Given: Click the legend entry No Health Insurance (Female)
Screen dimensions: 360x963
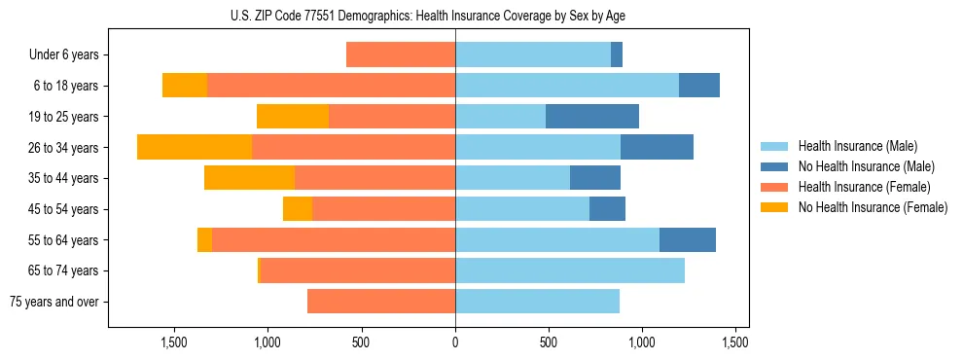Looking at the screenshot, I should pos(873,207).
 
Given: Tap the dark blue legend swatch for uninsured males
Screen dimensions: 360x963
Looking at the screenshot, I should pos(774,166).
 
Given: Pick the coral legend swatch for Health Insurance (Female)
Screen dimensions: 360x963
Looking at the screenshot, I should pos(774,187).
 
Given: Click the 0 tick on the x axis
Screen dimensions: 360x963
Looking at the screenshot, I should pos(455,342).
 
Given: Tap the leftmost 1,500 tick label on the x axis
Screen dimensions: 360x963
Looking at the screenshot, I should pos(174,342).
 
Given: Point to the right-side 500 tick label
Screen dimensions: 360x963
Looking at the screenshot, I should pos(548,342).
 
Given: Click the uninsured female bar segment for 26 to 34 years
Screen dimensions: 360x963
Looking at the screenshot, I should pos(195,147).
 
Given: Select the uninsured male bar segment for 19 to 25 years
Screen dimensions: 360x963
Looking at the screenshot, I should pos(592,117).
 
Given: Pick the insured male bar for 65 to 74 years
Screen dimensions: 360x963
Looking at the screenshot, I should pos(570,270).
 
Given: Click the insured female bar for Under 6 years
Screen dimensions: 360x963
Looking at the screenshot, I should pos(401,55).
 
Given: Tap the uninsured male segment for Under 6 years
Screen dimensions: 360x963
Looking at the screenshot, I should pos(617,55).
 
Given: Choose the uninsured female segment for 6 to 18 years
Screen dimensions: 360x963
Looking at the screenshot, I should pos(185,86).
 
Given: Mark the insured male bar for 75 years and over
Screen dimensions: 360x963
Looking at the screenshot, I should pos(537,302).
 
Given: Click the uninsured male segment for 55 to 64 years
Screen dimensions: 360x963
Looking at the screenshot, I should pos(688,239).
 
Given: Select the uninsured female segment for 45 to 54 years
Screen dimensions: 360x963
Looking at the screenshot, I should pos(298,209).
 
